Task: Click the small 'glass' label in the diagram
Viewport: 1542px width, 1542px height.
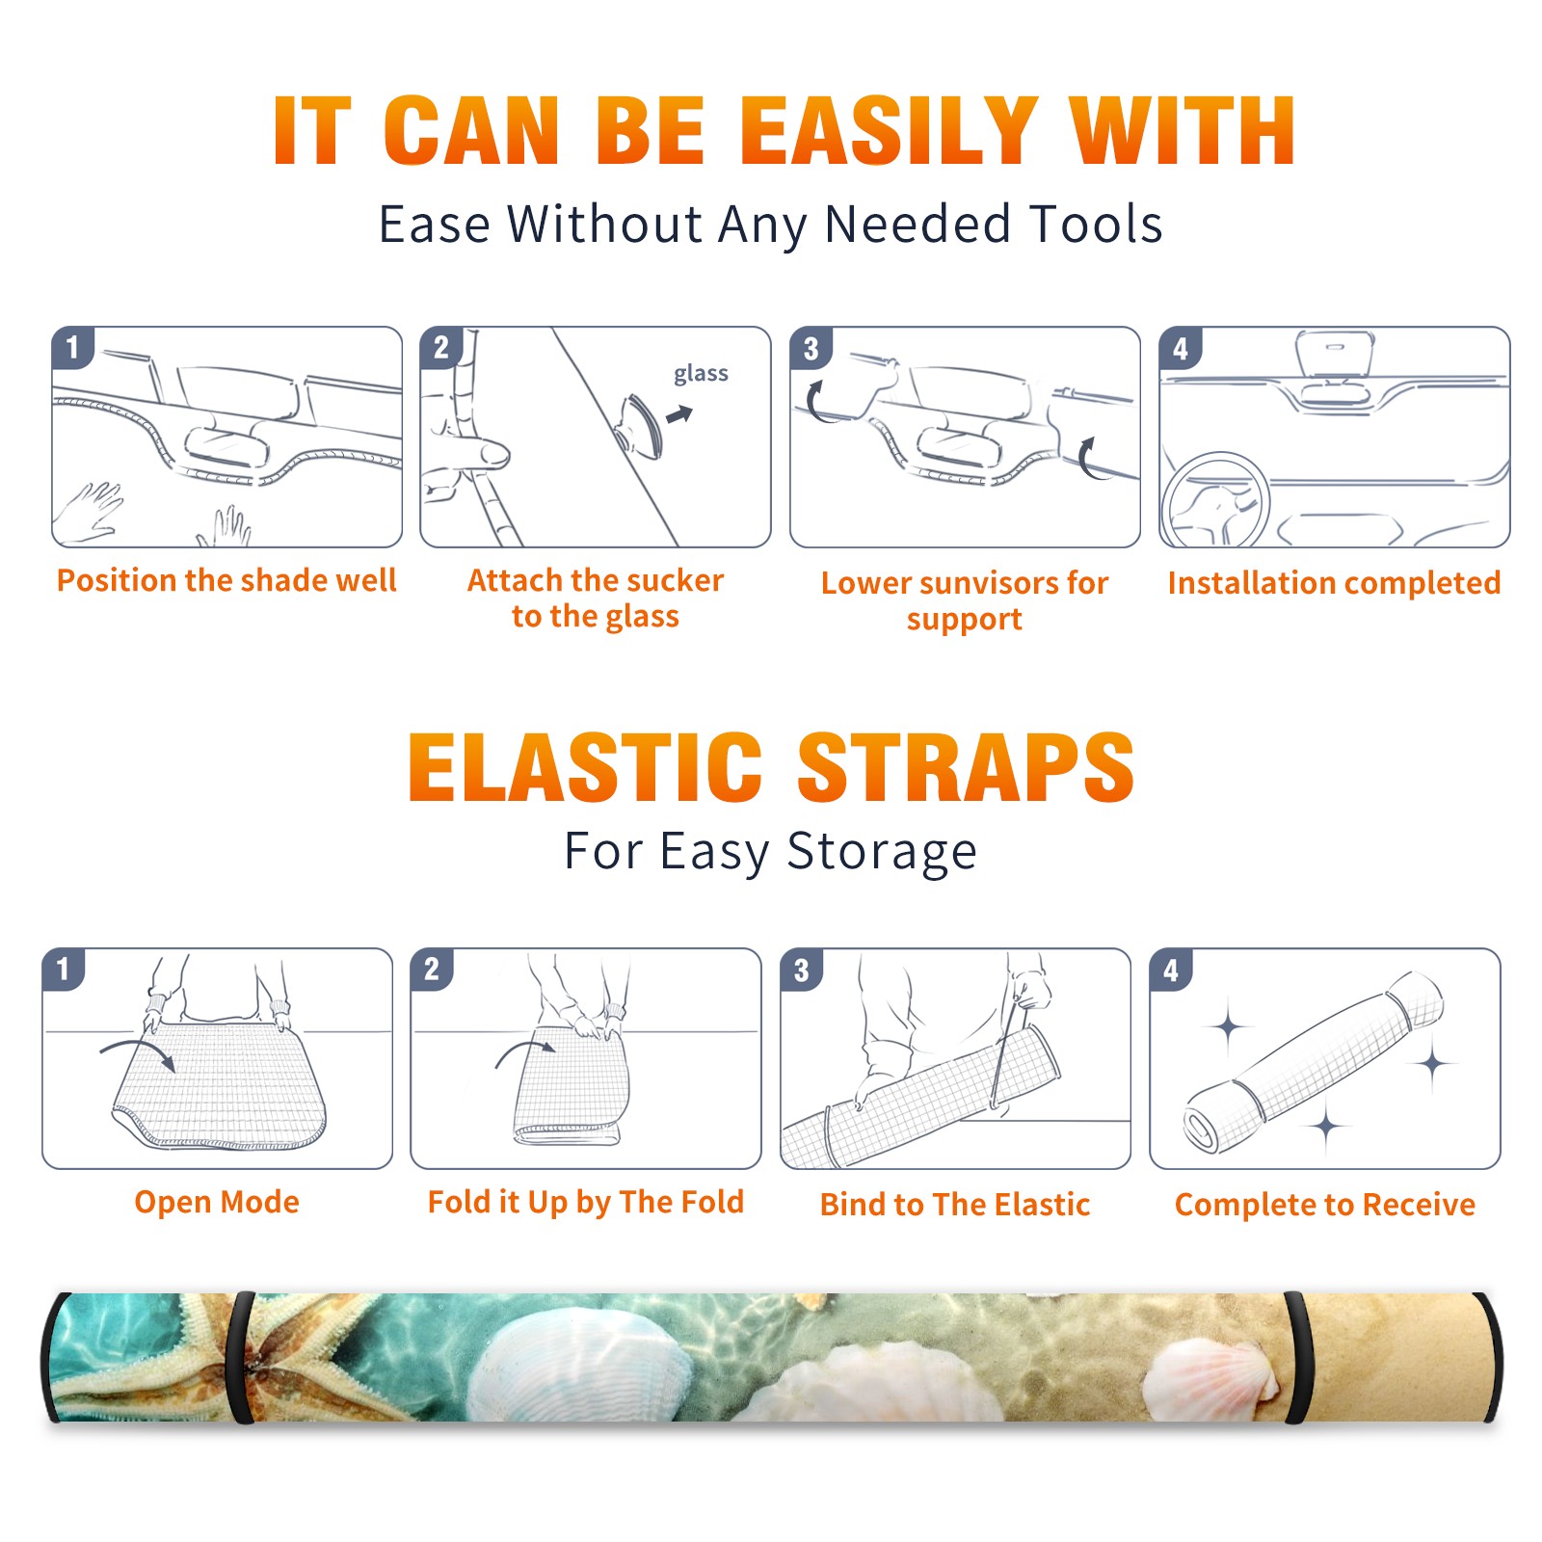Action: (x=701, y=374)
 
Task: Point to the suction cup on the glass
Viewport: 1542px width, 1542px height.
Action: (x=641, y=425)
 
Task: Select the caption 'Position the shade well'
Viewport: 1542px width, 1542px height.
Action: (x=226, y=580)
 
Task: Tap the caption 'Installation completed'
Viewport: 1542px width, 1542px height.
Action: (x=1335, y=582)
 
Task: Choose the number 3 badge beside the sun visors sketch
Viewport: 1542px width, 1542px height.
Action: (x=811, y=348)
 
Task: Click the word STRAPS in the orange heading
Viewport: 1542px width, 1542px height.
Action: (x=966, y=767)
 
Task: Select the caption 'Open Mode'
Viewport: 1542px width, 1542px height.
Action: (x=217, y=1202)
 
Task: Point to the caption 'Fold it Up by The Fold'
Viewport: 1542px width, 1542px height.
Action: (x=586, y=1202)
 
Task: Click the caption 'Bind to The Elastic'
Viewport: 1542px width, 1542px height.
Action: (x=955, y=1205)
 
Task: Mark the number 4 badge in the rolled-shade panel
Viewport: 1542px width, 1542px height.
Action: (x=1171, y=970)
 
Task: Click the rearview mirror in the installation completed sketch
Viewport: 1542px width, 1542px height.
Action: (x=1335, y=354)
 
